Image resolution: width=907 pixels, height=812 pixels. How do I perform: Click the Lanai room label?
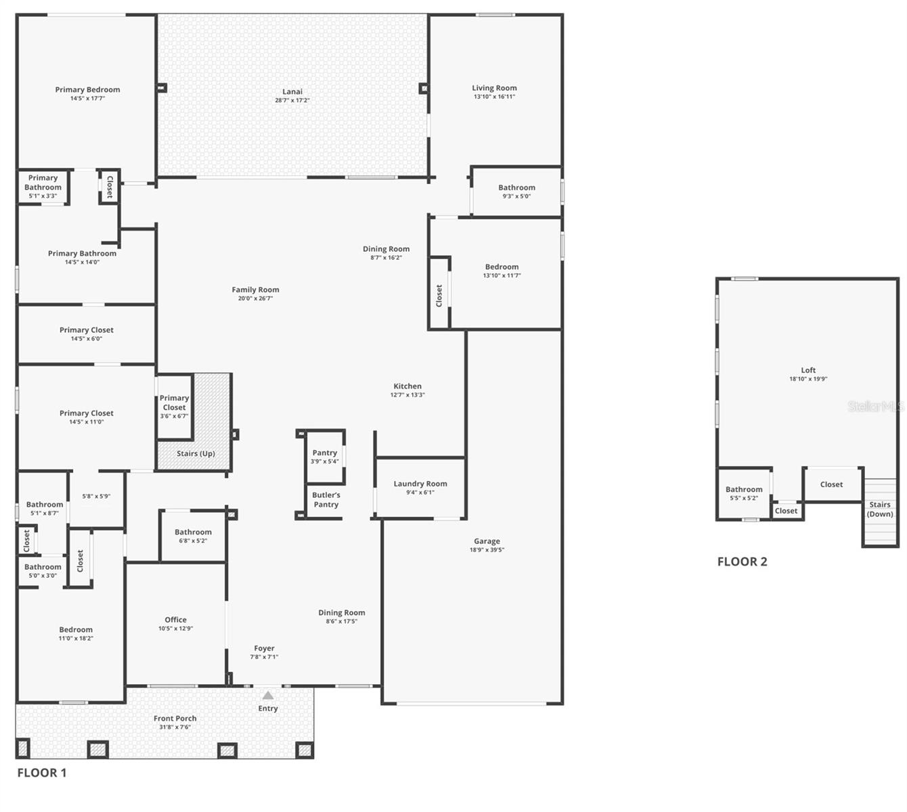292,91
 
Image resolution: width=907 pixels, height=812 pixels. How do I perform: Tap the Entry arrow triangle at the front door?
268,696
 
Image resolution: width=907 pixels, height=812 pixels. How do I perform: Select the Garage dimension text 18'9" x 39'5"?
487,549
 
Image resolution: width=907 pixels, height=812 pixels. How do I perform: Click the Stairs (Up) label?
196,453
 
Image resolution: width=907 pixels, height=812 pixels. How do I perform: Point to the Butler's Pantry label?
326,499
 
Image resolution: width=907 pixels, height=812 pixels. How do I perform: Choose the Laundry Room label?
420,484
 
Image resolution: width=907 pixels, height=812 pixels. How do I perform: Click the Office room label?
175,620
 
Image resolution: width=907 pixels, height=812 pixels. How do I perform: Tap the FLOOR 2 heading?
743,562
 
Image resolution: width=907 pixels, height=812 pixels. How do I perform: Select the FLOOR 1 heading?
42,773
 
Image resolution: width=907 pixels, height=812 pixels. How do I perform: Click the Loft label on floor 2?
808,370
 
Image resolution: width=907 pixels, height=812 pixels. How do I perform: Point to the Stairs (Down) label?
880,509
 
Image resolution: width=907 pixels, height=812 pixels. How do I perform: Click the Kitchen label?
407,386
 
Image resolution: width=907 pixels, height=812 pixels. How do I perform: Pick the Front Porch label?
175,719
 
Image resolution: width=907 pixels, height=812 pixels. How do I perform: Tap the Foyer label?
264,648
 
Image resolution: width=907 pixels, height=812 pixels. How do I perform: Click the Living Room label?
494,88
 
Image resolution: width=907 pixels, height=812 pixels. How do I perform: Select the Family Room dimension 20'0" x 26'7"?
255,298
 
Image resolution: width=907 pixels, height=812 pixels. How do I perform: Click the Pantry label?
325,453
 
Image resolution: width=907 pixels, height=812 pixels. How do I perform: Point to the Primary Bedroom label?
87,89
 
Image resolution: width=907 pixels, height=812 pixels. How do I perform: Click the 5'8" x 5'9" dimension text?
96,496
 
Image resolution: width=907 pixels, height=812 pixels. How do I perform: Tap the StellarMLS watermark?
876,407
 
